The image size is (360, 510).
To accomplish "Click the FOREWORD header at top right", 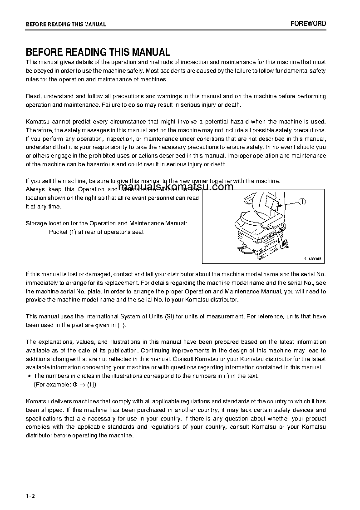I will [x=308, y=24].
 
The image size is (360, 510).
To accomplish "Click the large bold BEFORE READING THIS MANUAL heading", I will [x=98, y=52].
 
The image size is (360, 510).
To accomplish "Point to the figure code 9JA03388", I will [x=312, y=258].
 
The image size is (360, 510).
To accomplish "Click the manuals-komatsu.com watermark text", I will [x=176, y=187].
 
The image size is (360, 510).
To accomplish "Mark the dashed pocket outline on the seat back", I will [x=272, y=202].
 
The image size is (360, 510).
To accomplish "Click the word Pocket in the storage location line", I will [x=58, y=232].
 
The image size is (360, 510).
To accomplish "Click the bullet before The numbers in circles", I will [x=29, y=376].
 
